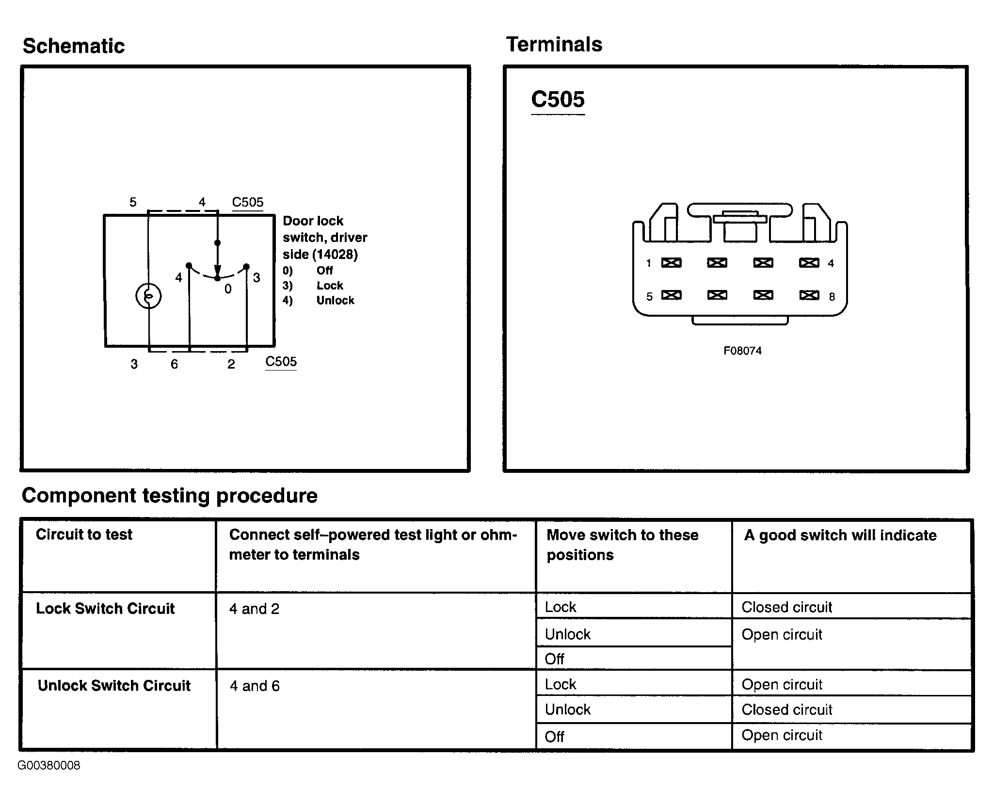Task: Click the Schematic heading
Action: [74, 47]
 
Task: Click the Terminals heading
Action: [554, 45]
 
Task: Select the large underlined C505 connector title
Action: [558, 100]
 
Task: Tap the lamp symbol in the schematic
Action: [148, 296]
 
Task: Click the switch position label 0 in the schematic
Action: [228, 289]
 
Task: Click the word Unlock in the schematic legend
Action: [335, 301]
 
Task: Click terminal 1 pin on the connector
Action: [671, 263]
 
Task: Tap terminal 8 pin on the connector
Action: [809, 295]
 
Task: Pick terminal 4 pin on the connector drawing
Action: [809, 263]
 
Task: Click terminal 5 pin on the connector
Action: [671, 295]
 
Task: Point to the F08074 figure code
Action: [742, 351]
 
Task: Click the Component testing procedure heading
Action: [170, 496]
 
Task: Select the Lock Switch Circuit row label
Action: [105, 609]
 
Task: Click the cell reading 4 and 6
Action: [255, 686]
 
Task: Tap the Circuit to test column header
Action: [84, 534]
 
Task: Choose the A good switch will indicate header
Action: [840, 535]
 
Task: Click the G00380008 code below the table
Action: [49, 765]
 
